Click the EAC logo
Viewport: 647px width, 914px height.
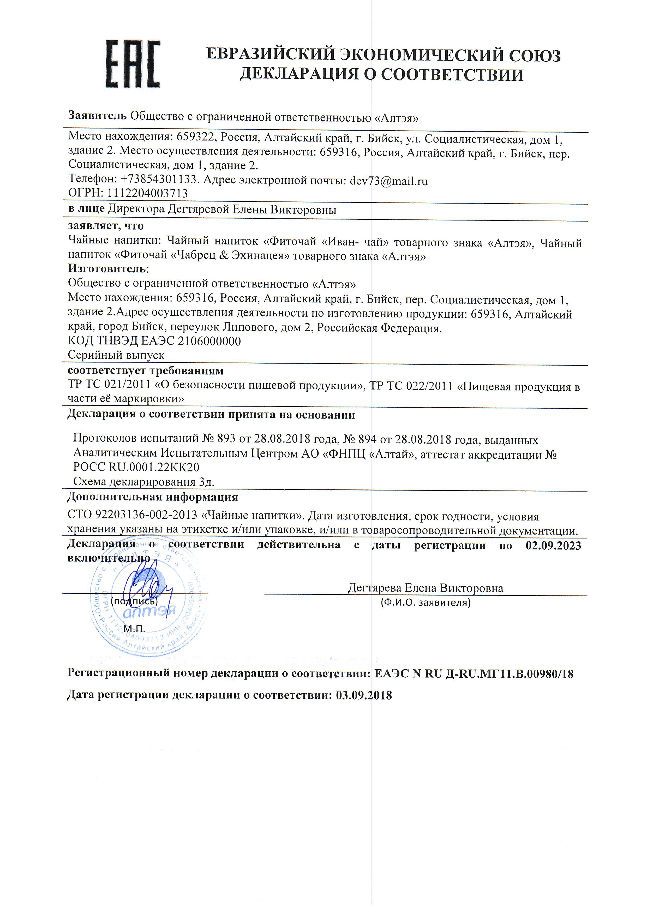[133, 64]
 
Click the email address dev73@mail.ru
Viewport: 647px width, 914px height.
[388, 181]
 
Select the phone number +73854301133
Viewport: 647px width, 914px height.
[159, 180]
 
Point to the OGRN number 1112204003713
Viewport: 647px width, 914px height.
[145, 193]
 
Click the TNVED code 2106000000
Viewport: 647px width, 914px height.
[209, 341]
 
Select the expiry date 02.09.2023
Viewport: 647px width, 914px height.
[553, 545]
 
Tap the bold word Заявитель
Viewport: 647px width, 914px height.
[97, 116]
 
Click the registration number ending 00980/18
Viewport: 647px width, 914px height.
[474, 674]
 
